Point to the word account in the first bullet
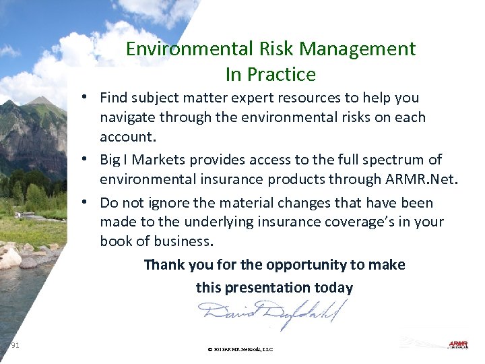[x=126, y=137]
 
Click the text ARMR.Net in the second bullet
[x=428, y=179]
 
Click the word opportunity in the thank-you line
[x=302, y=265]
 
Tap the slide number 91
[x=15, y=346]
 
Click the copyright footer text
[x=240, y=350]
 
